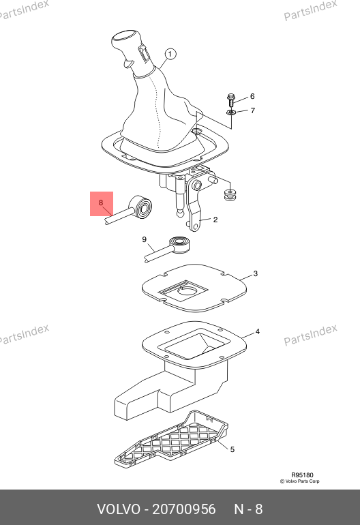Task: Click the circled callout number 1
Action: (x=170, y=54)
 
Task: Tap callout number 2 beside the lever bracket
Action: (x=215, y=220)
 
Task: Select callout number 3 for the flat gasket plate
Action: (x=255, y=273)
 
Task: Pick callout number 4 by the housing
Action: (x=257, y=331)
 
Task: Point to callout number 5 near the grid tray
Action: (x=232, y=449)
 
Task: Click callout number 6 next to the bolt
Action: (x=252, y=96)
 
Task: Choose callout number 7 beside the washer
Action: (x=252, y=110)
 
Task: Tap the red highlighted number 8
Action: (x=101, y=202)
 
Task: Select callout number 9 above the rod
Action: (x=144, y=239)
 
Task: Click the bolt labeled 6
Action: (x=230, y=100)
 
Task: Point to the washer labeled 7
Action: (x=230, y=112)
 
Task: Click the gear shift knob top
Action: (x=125, y=36)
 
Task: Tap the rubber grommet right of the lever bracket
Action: (x=230, y=194)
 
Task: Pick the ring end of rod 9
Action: (x=179, y=244)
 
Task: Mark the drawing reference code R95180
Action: (x=302, y=475)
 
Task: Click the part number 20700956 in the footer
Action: (x=184, y=509)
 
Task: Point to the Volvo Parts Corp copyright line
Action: (x=299, y=481)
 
